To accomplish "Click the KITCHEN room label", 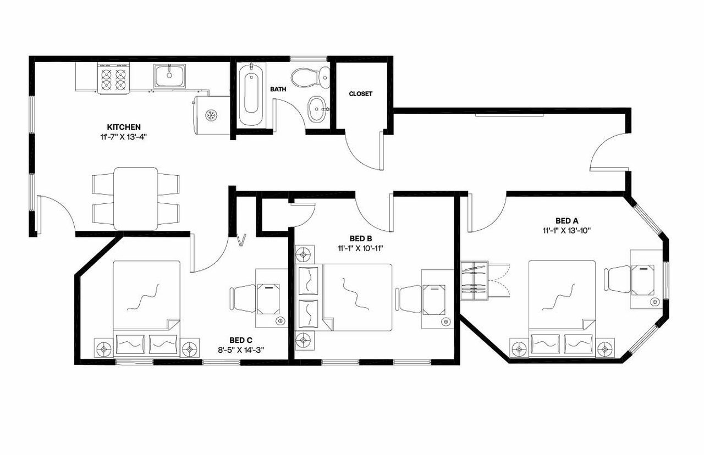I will click(x=125, y=127).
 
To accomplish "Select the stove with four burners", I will click(x=114, y=77).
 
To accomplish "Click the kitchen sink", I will click(x=170, y=75).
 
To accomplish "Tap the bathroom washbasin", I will click(x=316, y=108).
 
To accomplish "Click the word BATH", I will click(x=278, y=88).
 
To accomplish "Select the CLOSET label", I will click(x=360, y=94).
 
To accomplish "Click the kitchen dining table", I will click(x=135, y=198).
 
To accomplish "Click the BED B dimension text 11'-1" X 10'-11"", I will click(x=361, y=248).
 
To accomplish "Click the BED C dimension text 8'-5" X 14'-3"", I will click(x=241, y=349).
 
